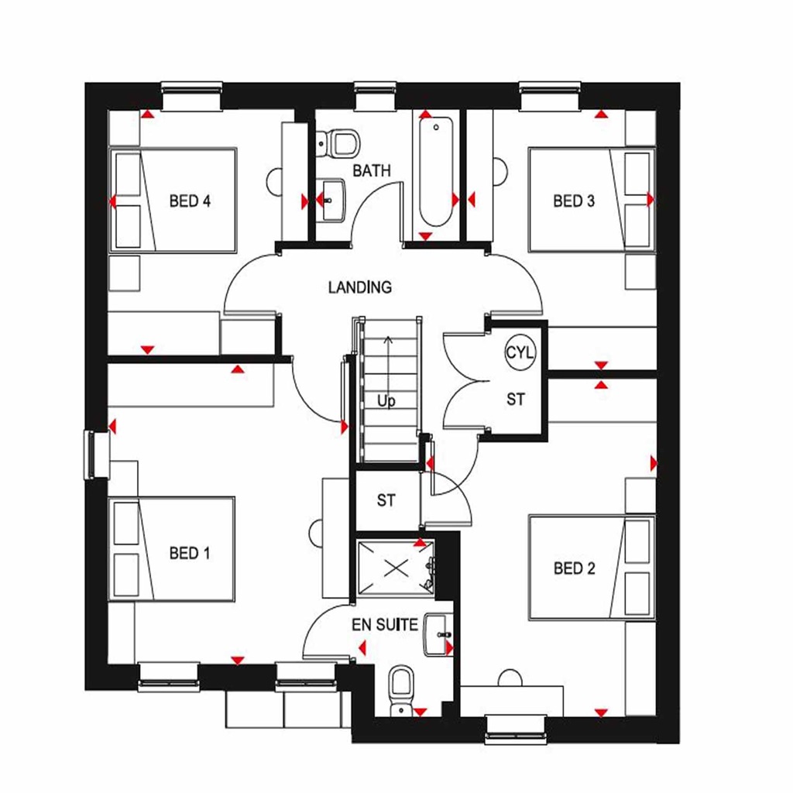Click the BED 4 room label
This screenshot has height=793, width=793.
pos(190,201)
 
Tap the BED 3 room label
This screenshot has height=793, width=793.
pos(574,201)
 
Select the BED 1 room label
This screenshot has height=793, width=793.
pos(190,553)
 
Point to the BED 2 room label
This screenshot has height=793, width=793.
pos(574,568)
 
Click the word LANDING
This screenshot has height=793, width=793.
pos(359,287)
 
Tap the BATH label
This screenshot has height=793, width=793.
pos(372,170)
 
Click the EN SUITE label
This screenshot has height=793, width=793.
pos(385,624)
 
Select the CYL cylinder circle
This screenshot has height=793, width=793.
pos(520,353)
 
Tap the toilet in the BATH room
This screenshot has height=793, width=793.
pos(341,142)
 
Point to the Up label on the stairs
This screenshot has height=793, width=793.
pos(386,402)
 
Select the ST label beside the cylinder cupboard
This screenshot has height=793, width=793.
pos(516,400)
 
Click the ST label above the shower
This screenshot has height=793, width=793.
pos(386,501)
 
